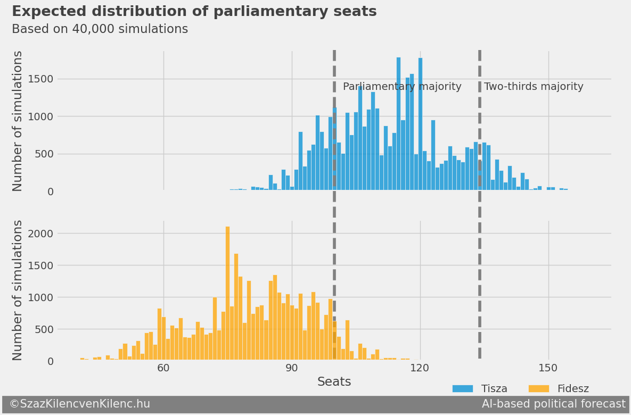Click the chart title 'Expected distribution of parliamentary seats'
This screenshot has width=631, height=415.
(194, 12)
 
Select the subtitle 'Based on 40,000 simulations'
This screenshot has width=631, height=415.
(100, 29)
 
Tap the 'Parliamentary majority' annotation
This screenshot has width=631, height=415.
(402, 87)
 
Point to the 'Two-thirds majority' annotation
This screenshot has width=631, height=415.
(534, 87)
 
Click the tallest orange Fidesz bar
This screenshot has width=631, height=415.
(227, 293)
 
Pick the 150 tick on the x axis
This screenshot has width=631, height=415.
(548, 368)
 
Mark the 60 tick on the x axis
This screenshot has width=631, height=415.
(163, 368)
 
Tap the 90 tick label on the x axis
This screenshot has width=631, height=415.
(292, 368)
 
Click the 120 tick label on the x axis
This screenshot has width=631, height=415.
(420, 368)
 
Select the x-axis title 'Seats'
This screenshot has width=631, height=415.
(334, 382)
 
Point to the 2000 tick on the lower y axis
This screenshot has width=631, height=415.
(40, 234)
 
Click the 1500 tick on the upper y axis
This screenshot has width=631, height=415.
(40, 79)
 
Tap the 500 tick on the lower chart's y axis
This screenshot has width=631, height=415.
(44, 329)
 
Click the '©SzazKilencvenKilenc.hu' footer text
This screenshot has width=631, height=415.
(79, 404)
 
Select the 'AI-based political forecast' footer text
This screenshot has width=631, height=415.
(553, 404)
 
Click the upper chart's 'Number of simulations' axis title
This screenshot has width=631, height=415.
(18, 121)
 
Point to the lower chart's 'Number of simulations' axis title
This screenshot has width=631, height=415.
(18, 290)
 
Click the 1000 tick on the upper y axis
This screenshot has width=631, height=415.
(40, 117)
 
